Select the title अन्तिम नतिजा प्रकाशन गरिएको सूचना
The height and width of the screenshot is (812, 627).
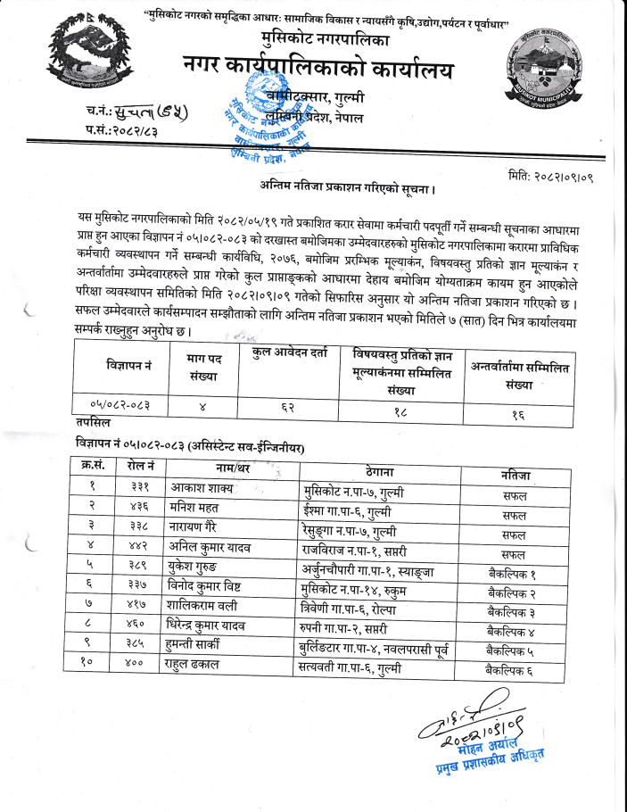pyautogui.click(x=342, y=189)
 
